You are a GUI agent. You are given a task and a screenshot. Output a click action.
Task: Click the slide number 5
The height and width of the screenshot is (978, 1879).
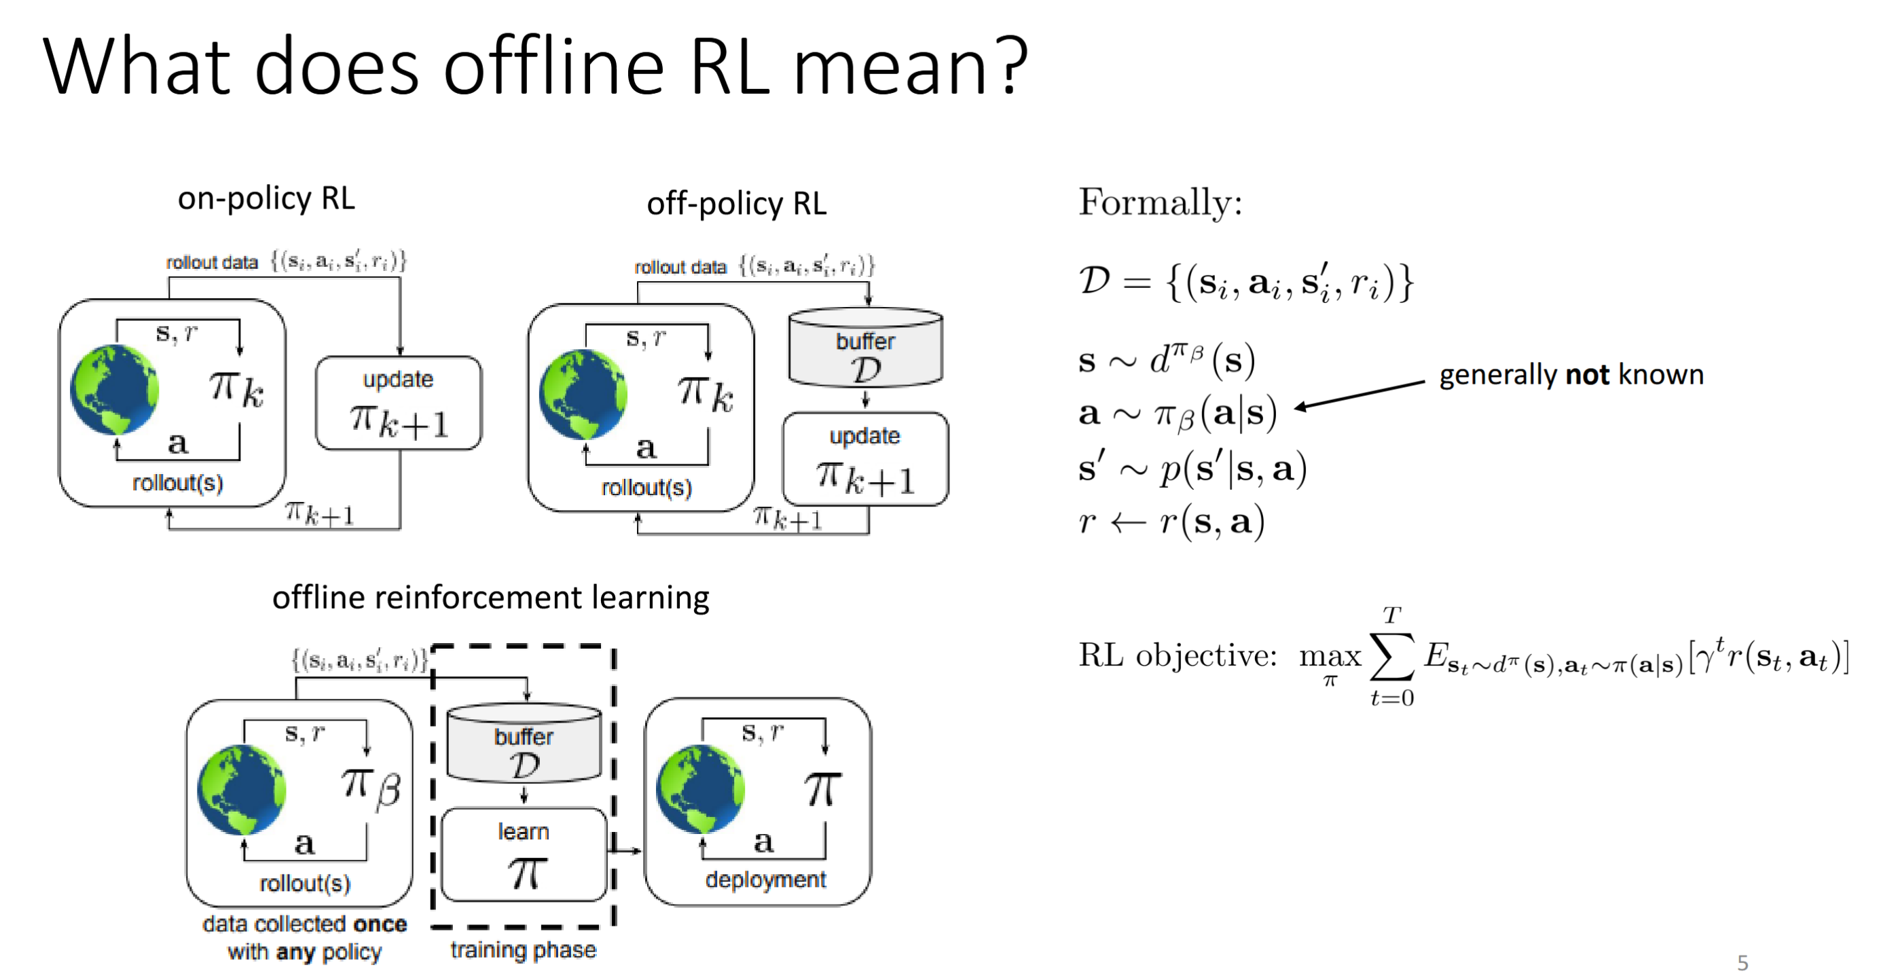click(x=1743, y=962)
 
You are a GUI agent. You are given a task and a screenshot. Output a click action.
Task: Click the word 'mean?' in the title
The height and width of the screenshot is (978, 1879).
click(x=911, y=67)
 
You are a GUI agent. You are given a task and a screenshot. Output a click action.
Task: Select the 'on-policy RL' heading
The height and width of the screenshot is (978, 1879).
click(x=266, y=199)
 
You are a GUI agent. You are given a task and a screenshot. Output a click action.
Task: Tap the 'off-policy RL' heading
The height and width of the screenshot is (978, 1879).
click(x=737, y=204)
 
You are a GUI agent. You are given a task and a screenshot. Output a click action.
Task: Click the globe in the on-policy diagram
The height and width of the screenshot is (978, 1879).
click(x=115, y=390)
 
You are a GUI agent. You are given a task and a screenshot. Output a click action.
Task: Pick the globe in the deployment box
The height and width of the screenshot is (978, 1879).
click(x=700, y=789)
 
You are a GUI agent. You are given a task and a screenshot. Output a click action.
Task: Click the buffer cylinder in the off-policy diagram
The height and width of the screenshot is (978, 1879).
click(x=866, y=348)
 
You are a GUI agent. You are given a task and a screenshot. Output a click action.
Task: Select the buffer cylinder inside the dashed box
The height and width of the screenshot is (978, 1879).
click(x=524, y=743)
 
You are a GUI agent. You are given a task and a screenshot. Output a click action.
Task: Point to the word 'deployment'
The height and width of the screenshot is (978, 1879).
click(x=765, y=880)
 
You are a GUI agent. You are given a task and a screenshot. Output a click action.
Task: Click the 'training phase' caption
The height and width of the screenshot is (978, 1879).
click(x=523, y=950)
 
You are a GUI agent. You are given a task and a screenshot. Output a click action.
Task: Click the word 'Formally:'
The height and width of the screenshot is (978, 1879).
click(x=1160, y=202)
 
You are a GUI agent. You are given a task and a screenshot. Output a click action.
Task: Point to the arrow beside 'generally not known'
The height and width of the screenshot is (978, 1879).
click(x=1360, y=395)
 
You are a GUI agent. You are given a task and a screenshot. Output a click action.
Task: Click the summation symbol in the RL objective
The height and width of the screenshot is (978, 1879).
click(x=1391, y=655)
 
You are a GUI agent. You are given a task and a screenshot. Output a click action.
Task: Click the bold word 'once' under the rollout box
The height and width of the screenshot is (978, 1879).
click(x=380, y=924)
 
